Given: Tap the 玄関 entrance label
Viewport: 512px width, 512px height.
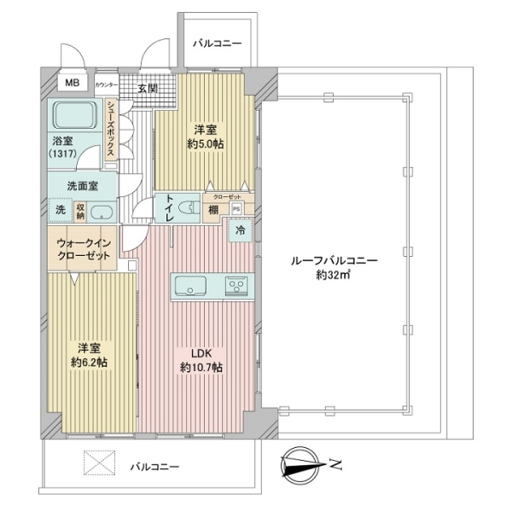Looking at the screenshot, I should [x=147, y=88].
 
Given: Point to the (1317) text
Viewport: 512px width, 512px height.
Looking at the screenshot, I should [x=64, y=154].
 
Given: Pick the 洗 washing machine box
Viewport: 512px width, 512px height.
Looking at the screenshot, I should [x=60, y=211].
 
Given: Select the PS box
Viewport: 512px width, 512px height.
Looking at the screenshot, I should [x=236, y=207].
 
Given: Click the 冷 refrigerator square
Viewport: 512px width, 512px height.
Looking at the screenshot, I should [x=240, y=229].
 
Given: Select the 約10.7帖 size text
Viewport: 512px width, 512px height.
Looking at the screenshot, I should [x=201, y=368].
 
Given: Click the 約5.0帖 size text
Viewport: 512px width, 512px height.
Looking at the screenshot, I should [x=205, y=144].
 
